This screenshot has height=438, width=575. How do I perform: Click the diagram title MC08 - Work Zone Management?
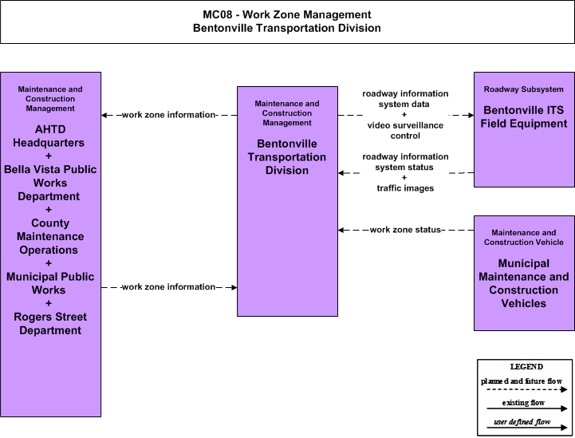pyautogui.click(x=287, y=14)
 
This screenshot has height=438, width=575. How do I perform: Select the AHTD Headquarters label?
pyautogui.click(x=49, y=136)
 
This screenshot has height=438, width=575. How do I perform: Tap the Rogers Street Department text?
pyautogui.click(x=50, y=324)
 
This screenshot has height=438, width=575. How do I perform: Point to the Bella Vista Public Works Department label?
pyautogui.click(x=50, y=183)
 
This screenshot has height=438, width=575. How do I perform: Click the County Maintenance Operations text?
pyautogui.click(x=50, y=236)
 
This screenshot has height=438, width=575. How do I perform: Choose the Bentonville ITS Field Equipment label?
pyautogui.click(x=524, y=116)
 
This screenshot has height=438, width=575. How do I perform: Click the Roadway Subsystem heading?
pyautogui.click(x=524, y=89)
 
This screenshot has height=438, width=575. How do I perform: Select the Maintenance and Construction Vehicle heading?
pyautogui.click(x=524, y=237)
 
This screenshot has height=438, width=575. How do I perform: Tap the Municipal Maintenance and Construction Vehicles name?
pyautogui.click(x=524, y=283)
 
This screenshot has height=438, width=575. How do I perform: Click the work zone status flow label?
pyautogui.click(x=405, y=230)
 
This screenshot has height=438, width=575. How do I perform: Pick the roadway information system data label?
pyautogui.click(x=405, y=99)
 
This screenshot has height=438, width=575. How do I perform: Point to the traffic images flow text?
pyautogui.click(x=405, y=188)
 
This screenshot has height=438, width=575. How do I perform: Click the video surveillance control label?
pyautogui.click(x=405, y=131)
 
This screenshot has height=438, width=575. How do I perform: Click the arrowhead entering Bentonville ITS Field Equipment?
pyautogui.click(x=471, y=115)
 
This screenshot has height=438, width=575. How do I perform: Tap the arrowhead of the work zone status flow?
pyautogui.click(x=341, y=230)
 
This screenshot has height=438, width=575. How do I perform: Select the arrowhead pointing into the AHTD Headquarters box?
pyautogui.click(x=104, y=115)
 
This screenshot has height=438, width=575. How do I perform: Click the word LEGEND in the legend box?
pyautogui.click(x=526, y=366)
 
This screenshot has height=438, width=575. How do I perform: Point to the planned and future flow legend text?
pyautogui.click(x=522, y=381)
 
